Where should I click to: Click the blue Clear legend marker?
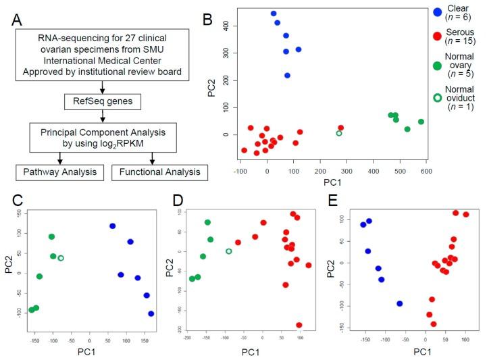pos(438,11)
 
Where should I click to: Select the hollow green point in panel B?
pos(339,134)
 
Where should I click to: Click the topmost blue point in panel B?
pos(274,14)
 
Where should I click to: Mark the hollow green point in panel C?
pos(61,258)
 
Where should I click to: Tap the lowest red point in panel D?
pos(299,325)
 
